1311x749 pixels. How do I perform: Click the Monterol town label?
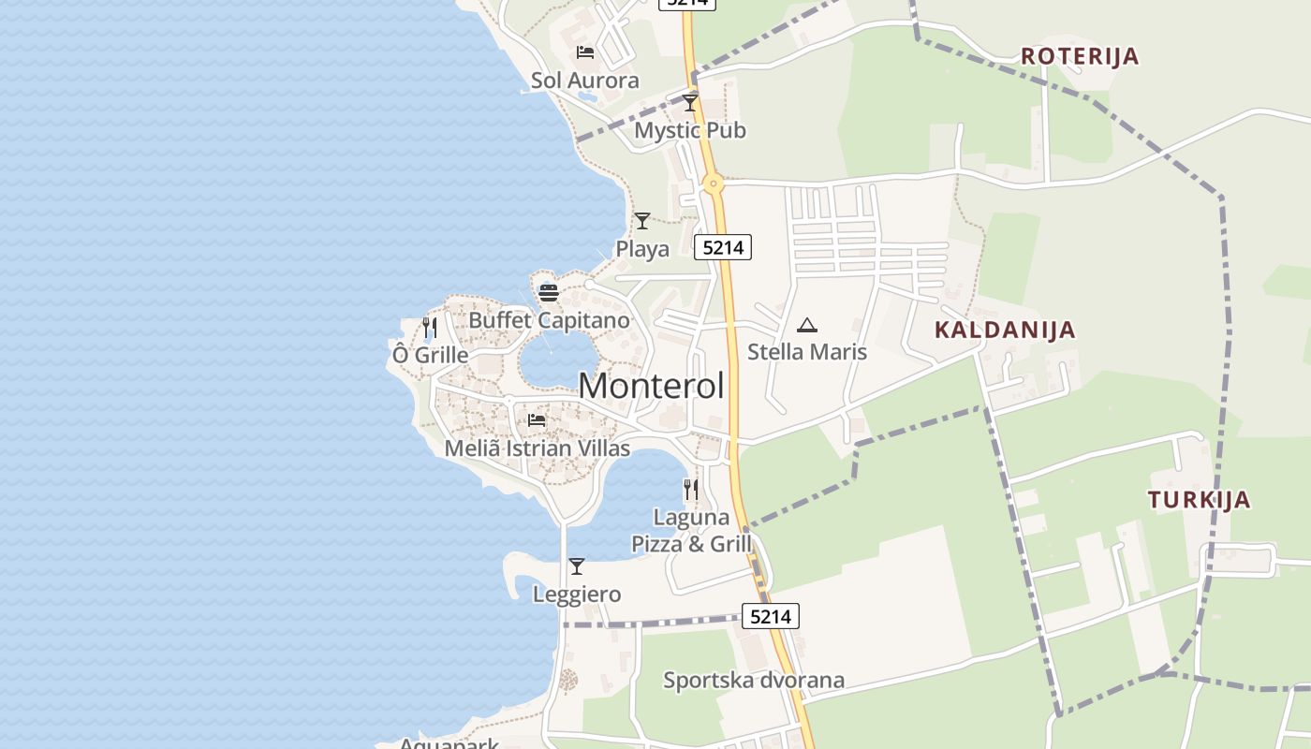click(x=651, y=386)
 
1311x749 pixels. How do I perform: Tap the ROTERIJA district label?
click(x=1080, y=56)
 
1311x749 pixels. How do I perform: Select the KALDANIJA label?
click(x=1005, y=330)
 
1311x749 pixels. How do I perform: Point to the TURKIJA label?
click(x=1200, y=500)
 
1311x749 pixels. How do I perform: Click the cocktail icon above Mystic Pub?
click(x=690, y=102)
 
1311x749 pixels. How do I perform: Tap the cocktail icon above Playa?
click(x=642, y=221)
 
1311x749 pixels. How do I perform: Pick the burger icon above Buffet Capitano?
click(x=549, y=292)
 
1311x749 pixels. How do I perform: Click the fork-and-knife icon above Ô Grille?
click(x=430, y=327)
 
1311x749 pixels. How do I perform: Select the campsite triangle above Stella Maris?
click(x=807, y=325)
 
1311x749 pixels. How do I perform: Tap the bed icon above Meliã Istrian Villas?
click(x=537, y=419)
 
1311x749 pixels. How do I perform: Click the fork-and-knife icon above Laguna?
click(x=691, y=489)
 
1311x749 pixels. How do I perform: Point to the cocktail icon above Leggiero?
click(x=577, y=566)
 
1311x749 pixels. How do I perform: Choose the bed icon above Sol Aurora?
click(x=585, y=51)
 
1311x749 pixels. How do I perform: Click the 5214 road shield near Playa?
click(x=723, y=247)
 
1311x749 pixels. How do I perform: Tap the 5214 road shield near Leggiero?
click(x=771, y=616)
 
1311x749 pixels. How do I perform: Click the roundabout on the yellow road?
click(x=714, y=184)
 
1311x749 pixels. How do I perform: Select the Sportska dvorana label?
click(x=754, y=681)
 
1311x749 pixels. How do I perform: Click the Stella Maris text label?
click(x=807, y=352)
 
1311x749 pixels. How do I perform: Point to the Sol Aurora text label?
click(x=585, y=81)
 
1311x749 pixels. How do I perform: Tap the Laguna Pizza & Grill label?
click(x=692, y=530)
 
